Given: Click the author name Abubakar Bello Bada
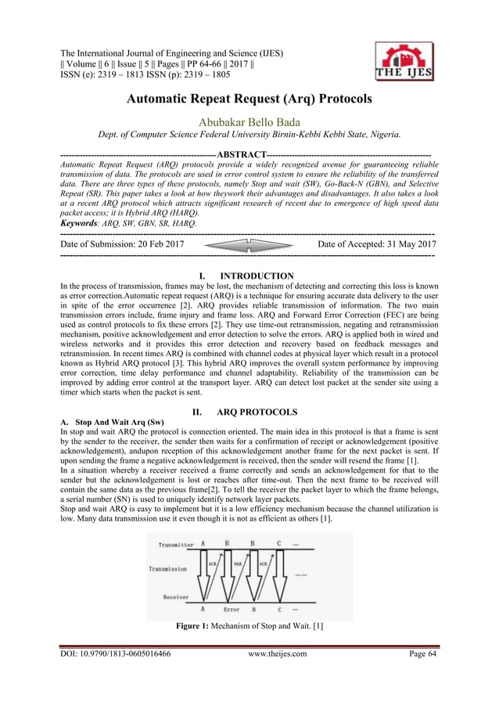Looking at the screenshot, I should click(x=249, y=121).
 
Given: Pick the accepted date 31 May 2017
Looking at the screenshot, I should click(x=405, y=245).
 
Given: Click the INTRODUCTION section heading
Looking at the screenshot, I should click(x=257, y=276).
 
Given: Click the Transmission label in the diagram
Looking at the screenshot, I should click(x=168, y=569).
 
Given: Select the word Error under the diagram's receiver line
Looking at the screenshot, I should click(x=232, y=608).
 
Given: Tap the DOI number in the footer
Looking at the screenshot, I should click(x=129, y=654).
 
